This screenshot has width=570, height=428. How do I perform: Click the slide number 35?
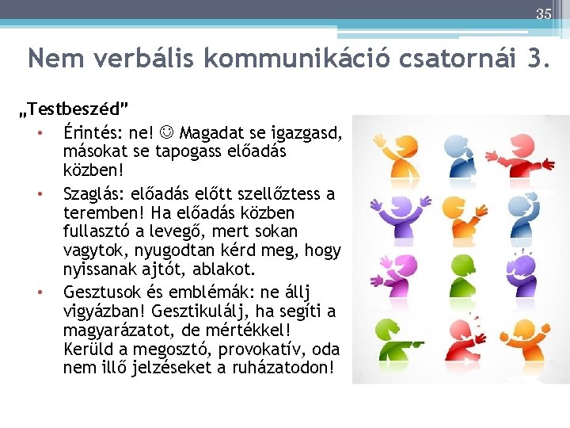pyautogui.click(x=543, y=14)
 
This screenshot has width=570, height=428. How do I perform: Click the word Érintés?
pyautogui.click(x=90, y=132)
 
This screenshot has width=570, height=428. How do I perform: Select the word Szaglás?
pyautogui.click(x=91, y=193)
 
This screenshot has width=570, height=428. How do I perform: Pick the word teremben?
pyautogui.click(x=99, y=212)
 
